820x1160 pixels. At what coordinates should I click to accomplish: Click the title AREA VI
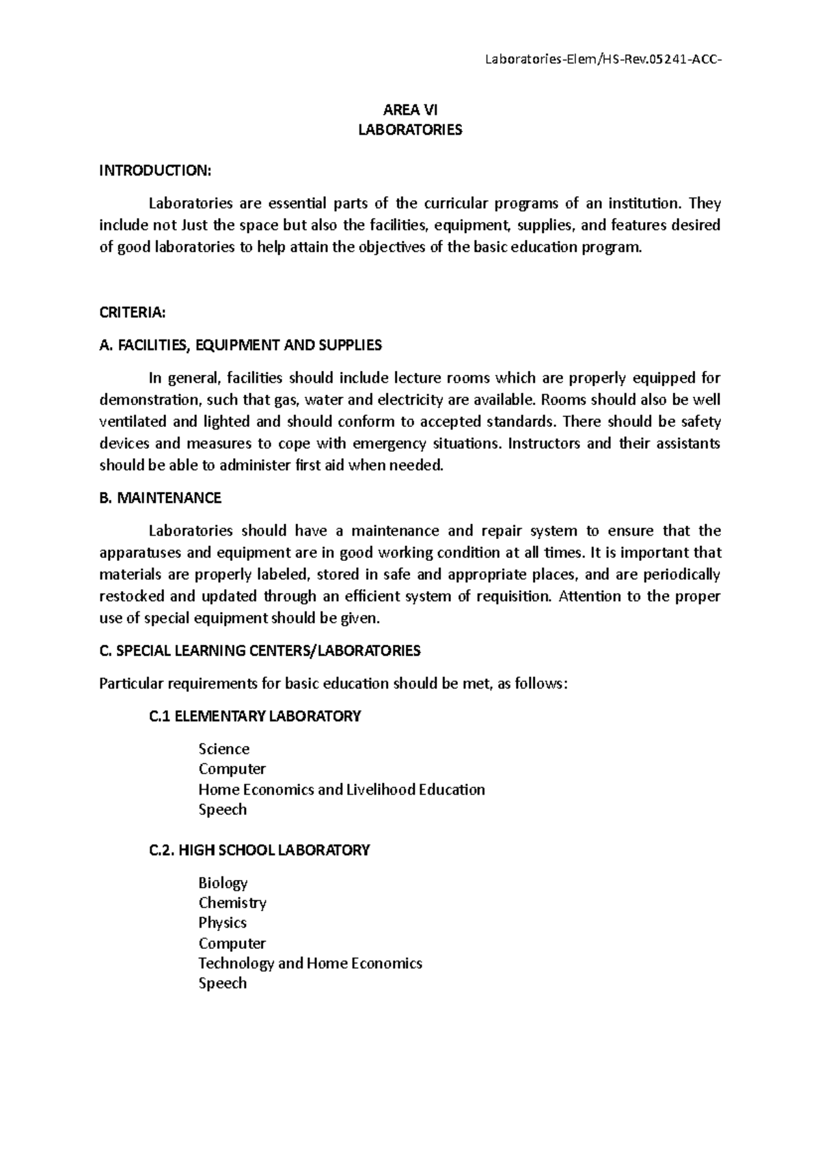point(410,109)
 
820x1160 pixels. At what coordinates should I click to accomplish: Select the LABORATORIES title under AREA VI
point(410,130)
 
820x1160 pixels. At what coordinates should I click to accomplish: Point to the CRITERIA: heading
point(133,312)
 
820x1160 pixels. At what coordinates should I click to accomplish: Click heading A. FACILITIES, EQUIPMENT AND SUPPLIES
point(241,345)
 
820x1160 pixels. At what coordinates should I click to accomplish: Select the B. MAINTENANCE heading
point(161,498)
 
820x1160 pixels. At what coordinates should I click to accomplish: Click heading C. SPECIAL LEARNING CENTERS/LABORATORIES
point(260,650)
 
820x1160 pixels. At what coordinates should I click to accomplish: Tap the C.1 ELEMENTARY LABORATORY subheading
point(255,716)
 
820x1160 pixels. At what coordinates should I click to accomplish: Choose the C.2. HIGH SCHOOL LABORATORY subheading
point(260,850)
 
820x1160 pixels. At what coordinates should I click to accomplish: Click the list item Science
point(223,749)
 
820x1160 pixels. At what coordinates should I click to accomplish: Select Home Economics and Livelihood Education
point(342,790)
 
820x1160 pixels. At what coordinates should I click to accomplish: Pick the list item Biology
point(223,883)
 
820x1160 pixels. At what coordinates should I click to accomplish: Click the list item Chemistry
point(232,903)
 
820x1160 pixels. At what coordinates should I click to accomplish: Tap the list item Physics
point(222,923)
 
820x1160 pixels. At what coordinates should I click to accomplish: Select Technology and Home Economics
point(310,963)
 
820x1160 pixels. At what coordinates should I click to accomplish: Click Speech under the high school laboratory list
point(222,984)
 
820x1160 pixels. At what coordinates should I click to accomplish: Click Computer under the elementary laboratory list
point(232,769)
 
